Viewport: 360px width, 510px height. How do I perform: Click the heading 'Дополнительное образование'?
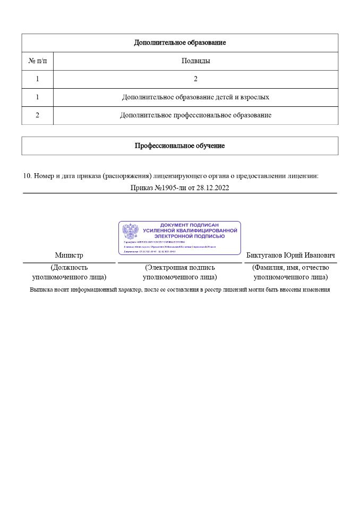179,42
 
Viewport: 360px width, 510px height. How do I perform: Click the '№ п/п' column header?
37,61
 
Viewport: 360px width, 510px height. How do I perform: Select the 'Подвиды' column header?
195,61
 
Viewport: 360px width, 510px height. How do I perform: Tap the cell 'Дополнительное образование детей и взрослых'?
195,97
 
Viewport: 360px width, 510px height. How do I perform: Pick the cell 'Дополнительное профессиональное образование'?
195,115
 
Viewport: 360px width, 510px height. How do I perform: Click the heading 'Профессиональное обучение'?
179,146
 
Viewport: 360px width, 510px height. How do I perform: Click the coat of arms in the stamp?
130,232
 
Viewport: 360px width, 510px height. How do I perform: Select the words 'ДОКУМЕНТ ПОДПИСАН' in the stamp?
190,225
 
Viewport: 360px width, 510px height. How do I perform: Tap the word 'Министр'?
69,256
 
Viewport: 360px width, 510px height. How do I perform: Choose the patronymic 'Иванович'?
319,256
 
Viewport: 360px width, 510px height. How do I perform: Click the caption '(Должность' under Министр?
69,268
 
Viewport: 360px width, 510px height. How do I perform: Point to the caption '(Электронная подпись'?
180,268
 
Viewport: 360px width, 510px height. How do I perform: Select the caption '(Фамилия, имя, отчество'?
290,268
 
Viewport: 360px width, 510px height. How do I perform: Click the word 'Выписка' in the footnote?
43,290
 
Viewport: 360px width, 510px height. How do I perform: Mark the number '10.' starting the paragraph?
28,175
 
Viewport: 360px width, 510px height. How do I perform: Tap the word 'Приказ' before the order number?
141,188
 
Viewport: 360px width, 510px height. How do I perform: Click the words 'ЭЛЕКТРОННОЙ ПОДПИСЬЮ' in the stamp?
190,236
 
